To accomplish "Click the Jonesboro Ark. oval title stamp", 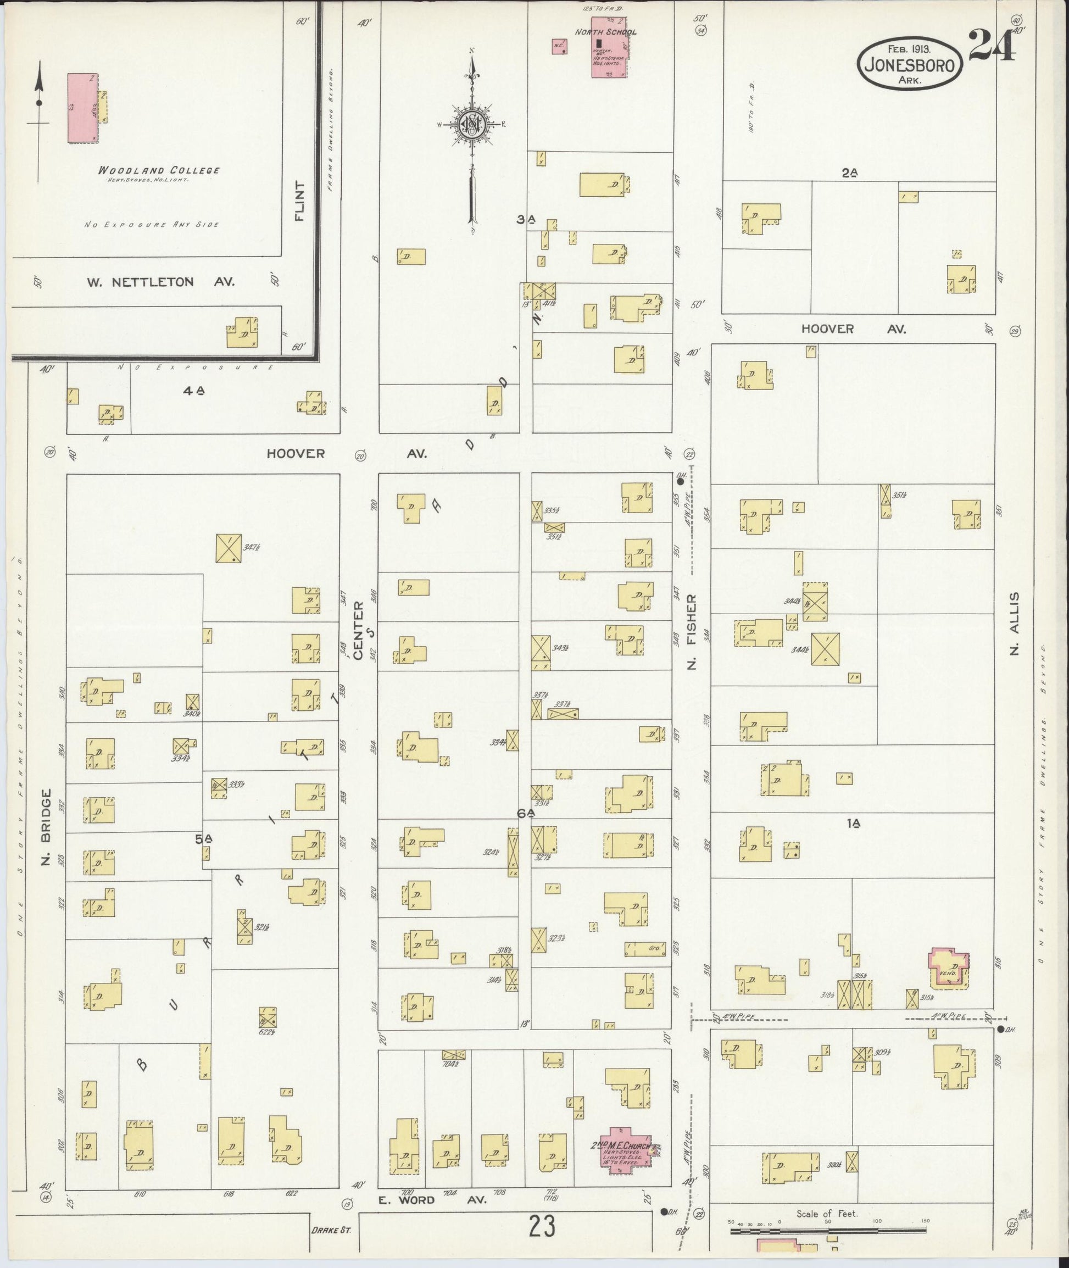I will [x=910, y=65].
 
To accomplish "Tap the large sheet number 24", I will [x=992, y=46].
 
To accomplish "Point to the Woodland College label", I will [x=159, y=171].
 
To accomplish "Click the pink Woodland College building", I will [x=82, y=108].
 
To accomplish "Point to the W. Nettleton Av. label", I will [x=160, y=282].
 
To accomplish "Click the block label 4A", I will [x=194, y=392].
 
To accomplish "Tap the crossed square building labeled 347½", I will [x=229, y=548].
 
